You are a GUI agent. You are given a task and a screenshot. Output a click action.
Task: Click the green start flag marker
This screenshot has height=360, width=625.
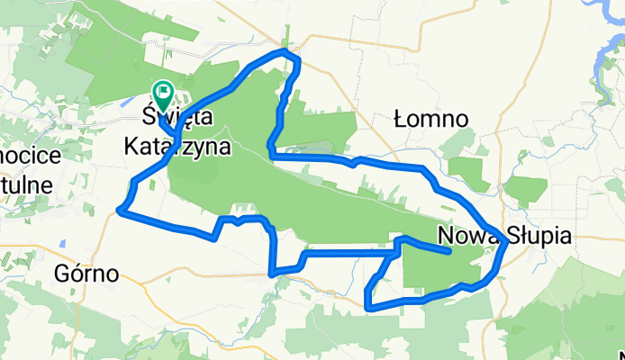pyautogui.click(x=163, y=90)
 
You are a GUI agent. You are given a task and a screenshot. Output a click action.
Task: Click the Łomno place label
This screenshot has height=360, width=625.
pyautogui.click(x=432, y=119)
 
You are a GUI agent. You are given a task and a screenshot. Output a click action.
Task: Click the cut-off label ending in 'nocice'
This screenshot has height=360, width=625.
pyautogui.click(x=30, y=155)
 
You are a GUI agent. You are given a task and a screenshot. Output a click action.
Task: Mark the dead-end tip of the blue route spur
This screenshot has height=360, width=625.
pyautogui.click(x=448, y=253)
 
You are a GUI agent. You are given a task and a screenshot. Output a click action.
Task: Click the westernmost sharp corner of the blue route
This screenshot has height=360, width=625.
pyautogui.click(x=120, y=211)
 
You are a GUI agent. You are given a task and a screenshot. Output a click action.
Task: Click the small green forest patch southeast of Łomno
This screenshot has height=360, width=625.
pyautogui.click(x=468, y=170)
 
